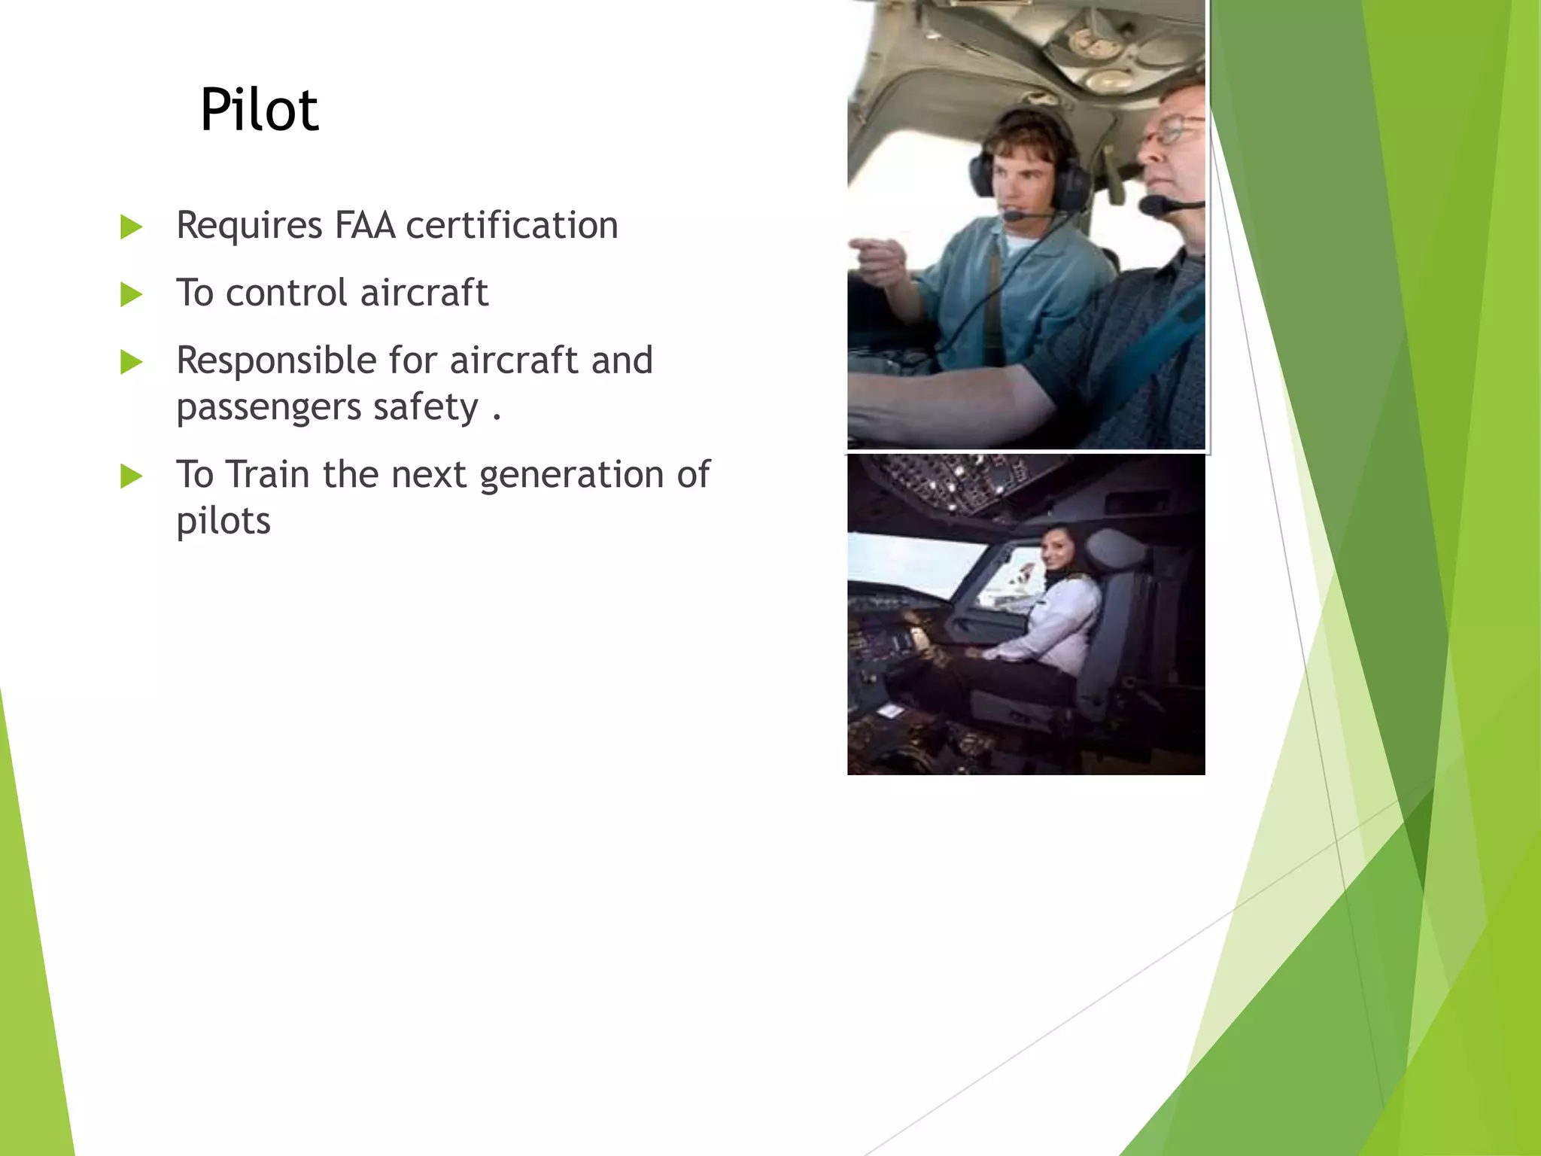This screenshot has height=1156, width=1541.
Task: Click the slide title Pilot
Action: click(x=259, y=110)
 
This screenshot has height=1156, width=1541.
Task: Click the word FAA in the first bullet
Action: click(x=364, y=225)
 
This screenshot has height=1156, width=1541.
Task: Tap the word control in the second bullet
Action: click(x=286, y=293)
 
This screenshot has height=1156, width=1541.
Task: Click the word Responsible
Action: click(x=275, y=360)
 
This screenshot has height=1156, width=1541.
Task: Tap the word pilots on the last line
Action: click(x=223, y=521)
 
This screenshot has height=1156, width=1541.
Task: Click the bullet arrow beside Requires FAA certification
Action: click(x=132, y=227)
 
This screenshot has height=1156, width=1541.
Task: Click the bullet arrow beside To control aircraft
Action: click(x=132, y=294)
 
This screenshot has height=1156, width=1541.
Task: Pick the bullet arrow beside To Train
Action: click(x=132, y=476)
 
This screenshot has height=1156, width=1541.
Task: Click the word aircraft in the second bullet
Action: click(x=424, y=293)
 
